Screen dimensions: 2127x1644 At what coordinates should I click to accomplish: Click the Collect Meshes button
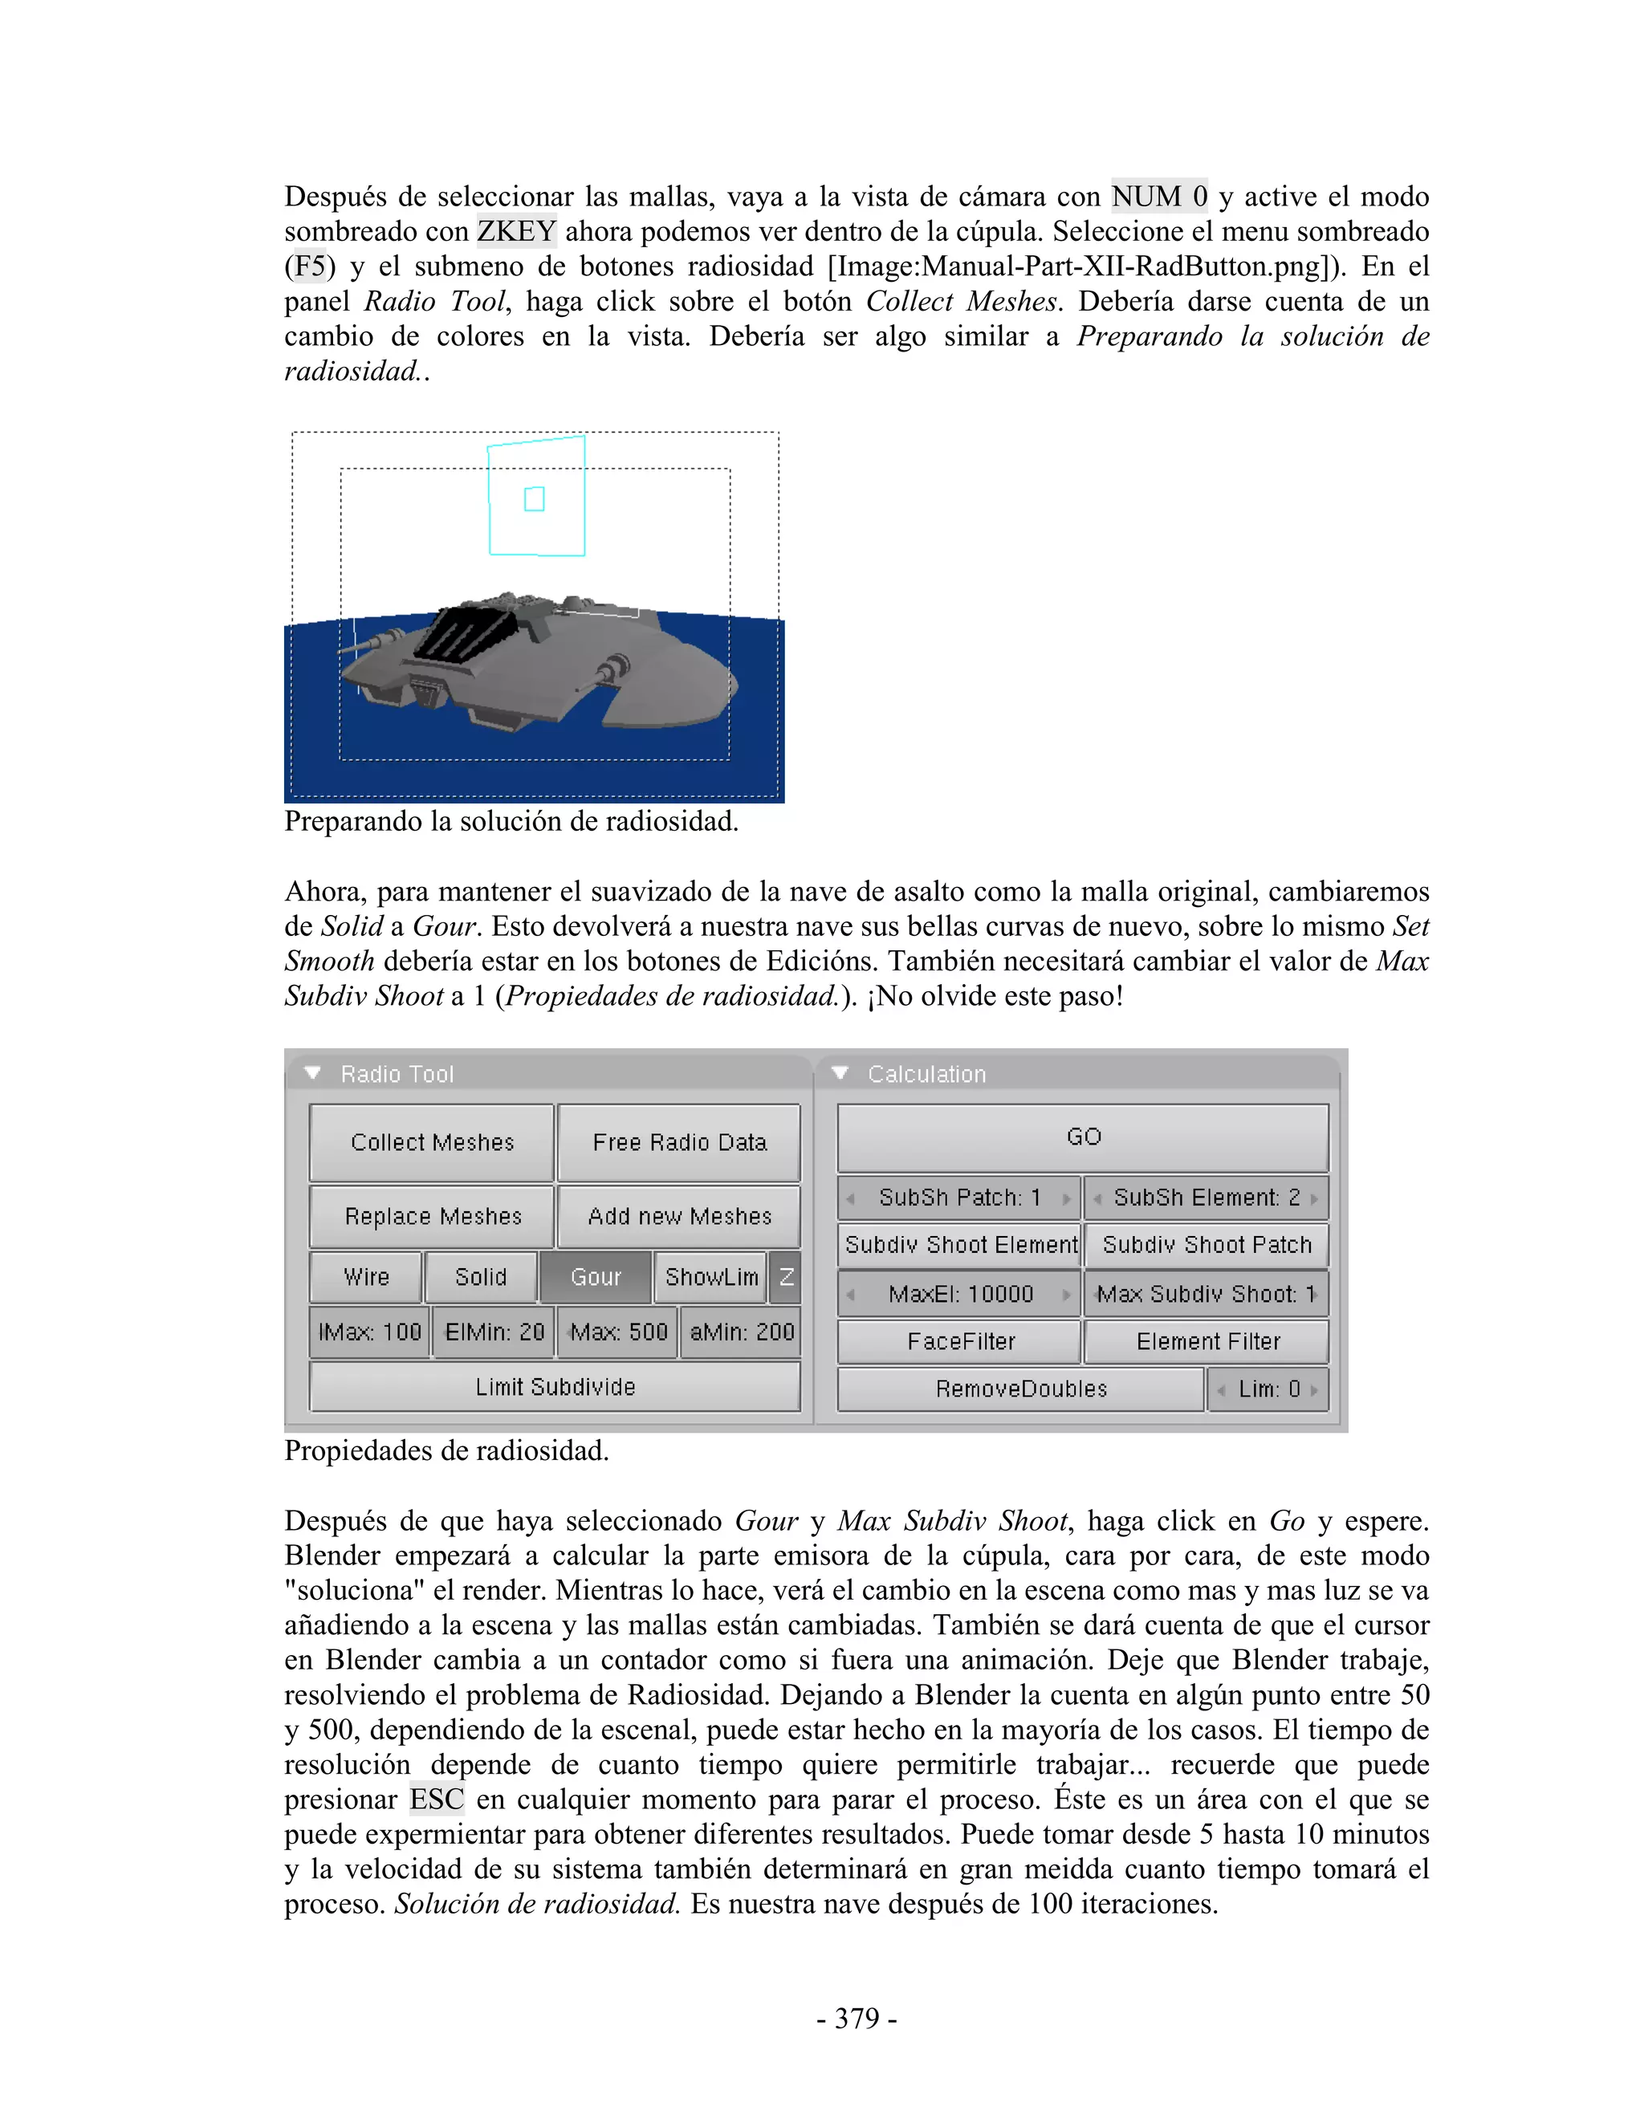tap(431, 1141)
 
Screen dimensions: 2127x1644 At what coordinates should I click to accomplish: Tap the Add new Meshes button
tap(679, 1216)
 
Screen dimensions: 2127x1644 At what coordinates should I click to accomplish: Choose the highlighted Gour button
tap(595, 1277)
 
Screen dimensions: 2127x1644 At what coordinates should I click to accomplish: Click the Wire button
tap(366, 1277)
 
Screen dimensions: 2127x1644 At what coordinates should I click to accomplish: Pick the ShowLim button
tap(711, 1277)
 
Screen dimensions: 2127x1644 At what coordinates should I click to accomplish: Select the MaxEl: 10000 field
tap(959, 1295)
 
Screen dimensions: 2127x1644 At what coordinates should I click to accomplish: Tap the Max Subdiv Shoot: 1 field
tap(1206, 1295)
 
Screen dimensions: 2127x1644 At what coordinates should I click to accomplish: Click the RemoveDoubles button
tap(1021, 1389)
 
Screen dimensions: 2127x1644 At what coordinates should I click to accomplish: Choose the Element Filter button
tap(1207, 1342)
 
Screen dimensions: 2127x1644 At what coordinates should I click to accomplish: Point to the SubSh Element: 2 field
tap(1206, 1198)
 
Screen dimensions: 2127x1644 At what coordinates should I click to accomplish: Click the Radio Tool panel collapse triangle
tap(312, 1073)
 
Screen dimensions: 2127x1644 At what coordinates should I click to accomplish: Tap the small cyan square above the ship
tap(534, 498)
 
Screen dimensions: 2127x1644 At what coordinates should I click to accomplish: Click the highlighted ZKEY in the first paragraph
tap(516, 232)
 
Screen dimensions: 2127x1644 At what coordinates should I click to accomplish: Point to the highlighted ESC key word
tap(437, 1799)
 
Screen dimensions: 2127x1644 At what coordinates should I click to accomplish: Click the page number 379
tap(856, 2017)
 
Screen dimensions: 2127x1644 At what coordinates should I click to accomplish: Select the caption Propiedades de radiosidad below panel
tap(446, 1451)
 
